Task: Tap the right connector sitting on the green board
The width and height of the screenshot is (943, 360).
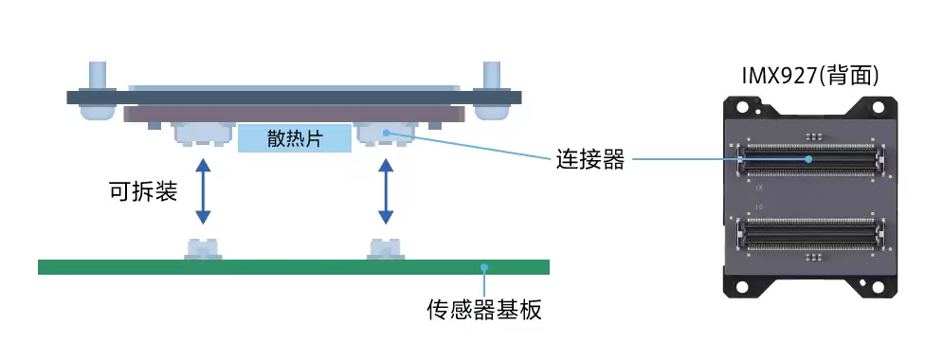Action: coord(386,248)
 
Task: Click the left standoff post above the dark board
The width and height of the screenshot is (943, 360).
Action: coord(98,75)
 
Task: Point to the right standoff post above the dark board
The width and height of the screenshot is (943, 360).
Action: coord(492,75)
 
